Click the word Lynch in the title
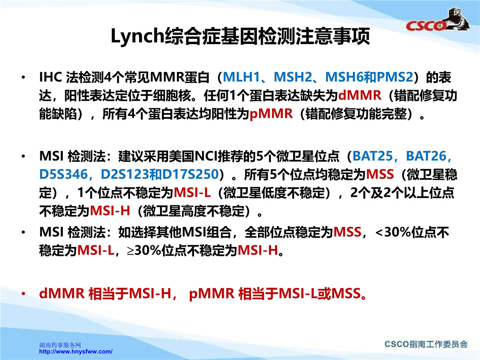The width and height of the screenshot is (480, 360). (x=138, y=36)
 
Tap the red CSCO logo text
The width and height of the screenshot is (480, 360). (x=426, y=26)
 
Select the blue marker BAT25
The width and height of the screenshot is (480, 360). (x=373, y=156)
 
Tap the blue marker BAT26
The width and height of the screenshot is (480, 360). (x=426, y=156)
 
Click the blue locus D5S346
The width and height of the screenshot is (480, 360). (x=64, y=174)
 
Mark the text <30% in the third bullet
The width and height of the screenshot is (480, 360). (x=393, y=232)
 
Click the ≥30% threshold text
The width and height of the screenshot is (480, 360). (x=144, y=250)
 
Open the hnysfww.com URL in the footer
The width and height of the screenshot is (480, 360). (x=76, y=352)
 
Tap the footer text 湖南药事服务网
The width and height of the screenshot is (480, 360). (x=60, y=345)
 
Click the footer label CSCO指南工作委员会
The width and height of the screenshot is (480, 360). (x=426, y=344)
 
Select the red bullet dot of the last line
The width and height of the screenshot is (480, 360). (x=23, y=294)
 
